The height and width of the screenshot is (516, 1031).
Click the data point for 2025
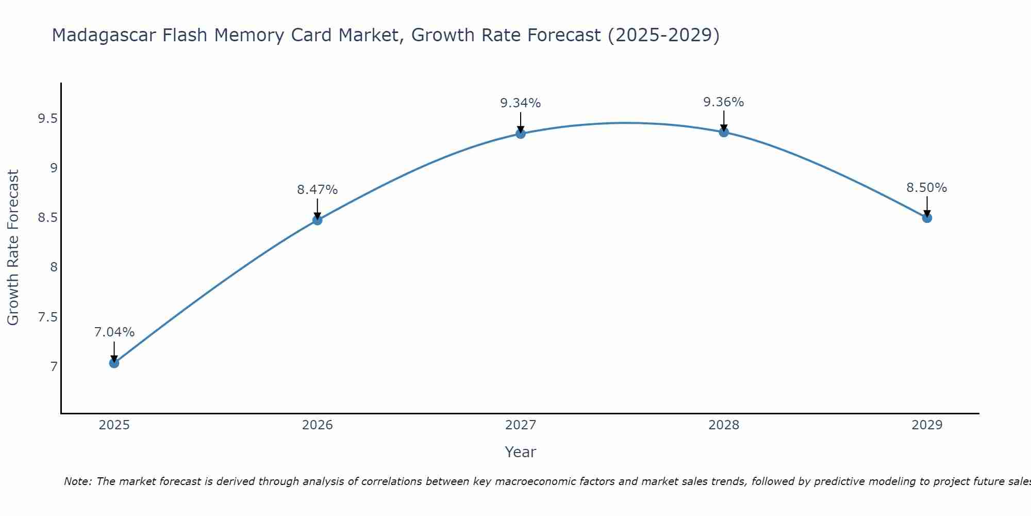pos(114,363)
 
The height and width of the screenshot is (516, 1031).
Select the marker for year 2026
pos(317,220)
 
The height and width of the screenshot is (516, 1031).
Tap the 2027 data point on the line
pos(521,134)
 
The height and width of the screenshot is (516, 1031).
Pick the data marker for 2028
pos(724,132)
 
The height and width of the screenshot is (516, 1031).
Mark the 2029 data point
pos(927,218)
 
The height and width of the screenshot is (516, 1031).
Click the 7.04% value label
pos(114,332)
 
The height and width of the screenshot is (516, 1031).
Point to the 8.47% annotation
pos(317,190)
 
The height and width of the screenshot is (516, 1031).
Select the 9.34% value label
pos(521,103)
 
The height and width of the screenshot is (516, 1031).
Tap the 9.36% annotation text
pos(724,102)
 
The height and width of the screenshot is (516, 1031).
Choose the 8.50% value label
pos(927,188)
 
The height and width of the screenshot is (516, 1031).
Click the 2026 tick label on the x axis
pos(317,425)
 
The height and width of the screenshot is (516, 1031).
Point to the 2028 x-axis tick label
pos(724,425)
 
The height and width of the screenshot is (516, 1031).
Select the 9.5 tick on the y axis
pos(47,119)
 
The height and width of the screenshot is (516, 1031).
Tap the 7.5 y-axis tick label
pos(47,317)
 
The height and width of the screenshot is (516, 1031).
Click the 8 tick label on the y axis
pos(53,267)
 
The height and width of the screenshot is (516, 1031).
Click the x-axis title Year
pos(521,452)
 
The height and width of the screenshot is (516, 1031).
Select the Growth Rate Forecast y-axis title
pos(13,248)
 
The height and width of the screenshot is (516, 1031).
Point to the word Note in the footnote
pos(77,481)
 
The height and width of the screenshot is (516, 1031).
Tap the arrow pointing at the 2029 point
pos(927,206)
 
